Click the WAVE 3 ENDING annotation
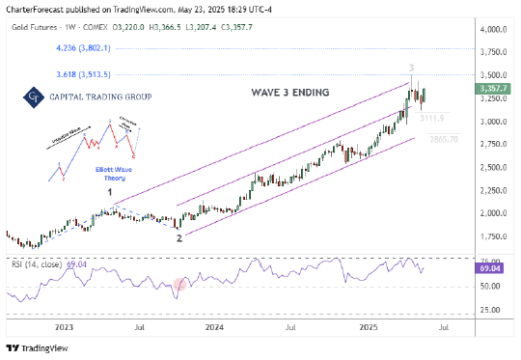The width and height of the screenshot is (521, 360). point(276,93)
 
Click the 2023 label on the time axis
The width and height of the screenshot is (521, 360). point(64,328)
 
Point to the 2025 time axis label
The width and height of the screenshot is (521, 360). point(366,328)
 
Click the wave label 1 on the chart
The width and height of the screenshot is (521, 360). point(110,192)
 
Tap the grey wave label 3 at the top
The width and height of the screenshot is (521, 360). point(412,68)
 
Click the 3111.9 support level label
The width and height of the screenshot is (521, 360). point(431,117)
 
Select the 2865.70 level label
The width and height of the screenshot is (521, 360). point(442,139)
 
